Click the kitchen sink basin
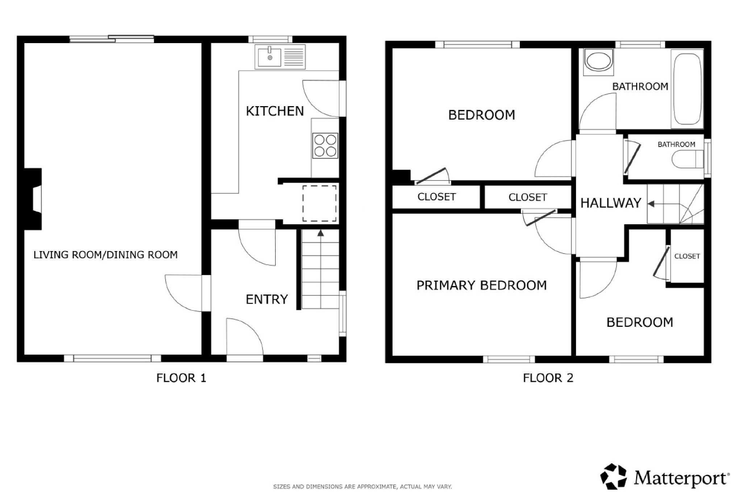pos(270,57)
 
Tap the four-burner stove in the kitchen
pos(325,146)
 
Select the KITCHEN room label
pos(275,111)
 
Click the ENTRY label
pos(267,299)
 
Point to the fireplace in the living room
pos(33,199)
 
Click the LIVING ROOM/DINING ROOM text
pos(105,255)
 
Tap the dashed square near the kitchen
pos(320,203)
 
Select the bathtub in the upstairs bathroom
pos(687,89)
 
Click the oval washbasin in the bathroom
pos(598,62)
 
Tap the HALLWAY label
pos(611,203)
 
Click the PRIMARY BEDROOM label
pos(481,285)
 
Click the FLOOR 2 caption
pos(548,378)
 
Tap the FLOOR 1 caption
pos(181,378)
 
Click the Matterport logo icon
pos(614,476)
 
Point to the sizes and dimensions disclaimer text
pos(362,487)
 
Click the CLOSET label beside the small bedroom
pos(687,256)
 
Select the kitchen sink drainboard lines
pos(294,57)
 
